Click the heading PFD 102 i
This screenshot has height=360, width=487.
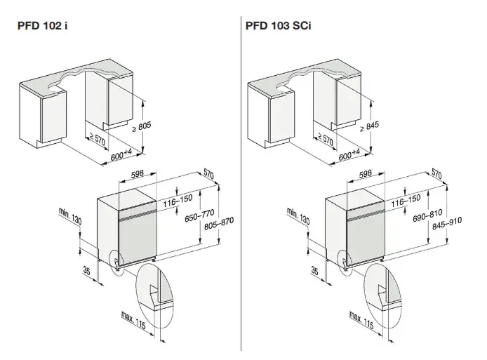[43, 26]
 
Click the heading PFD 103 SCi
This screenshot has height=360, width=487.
[279, 26]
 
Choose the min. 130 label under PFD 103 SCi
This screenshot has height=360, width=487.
[298, 215]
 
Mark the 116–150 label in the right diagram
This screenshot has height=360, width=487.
[406, 200]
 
